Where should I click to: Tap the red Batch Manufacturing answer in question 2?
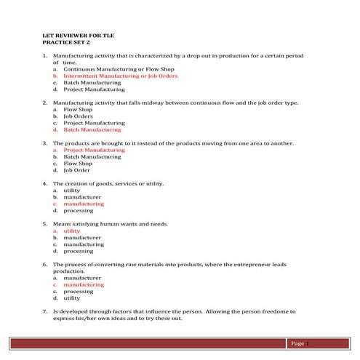(92, 130)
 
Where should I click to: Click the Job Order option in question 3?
(76, 170)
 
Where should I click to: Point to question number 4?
(44, 183)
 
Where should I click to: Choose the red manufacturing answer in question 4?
(84, 204)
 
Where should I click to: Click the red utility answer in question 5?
(72, 231)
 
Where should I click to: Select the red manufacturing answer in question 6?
(84, 284)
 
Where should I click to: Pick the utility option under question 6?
(72, 298)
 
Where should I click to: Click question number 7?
(44, 311)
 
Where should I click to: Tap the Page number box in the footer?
(300, 343)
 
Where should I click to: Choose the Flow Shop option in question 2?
(76, 110)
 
